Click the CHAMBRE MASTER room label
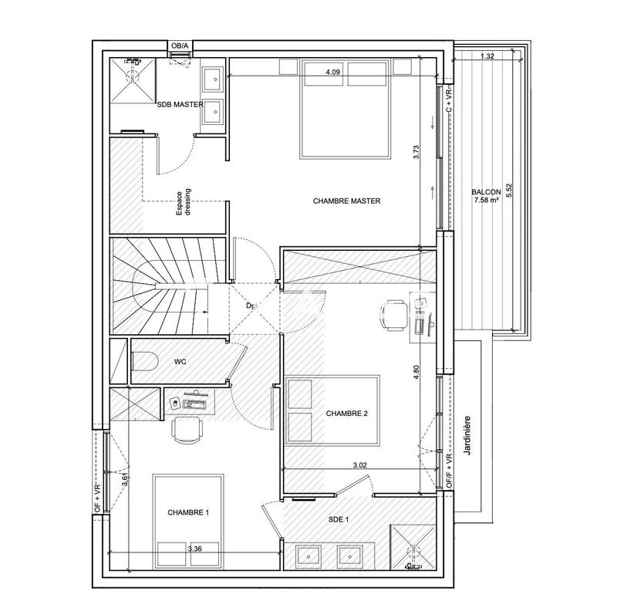coord(348,201)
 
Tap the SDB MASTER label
coord(180,104)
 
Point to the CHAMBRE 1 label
coord(188,512)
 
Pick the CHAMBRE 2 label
coord(346,414)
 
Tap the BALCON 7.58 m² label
coord(487,197)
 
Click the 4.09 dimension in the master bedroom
coord(333,72)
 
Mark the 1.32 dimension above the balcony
coord(487,56)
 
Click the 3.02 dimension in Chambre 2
coord(360,465)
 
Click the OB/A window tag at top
coord(179,46)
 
